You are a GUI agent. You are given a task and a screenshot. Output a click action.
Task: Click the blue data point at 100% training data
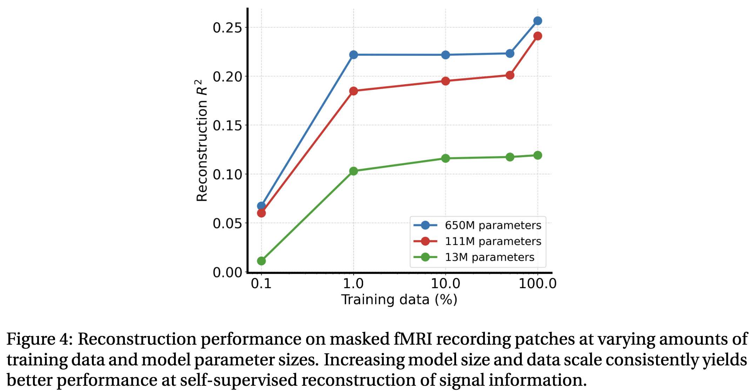pos(537,21)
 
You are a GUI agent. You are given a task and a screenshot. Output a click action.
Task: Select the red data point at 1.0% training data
pos(353,91)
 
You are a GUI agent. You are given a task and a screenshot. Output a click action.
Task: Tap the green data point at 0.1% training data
pos(261,261)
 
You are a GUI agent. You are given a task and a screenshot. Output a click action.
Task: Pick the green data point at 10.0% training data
pos(446,158)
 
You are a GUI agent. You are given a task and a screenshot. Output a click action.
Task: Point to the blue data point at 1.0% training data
pos(353,55)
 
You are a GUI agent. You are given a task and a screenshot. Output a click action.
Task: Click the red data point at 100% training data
pos(537,36)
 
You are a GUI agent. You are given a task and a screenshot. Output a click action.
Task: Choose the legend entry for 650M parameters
pos(493,225)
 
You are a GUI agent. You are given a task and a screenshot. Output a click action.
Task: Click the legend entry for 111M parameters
pos(493,241)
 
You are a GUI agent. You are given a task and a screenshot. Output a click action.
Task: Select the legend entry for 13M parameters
pos(489,257)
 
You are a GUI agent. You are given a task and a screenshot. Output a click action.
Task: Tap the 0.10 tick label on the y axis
pos(228,174)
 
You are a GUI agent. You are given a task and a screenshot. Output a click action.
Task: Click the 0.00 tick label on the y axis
pos(228,272)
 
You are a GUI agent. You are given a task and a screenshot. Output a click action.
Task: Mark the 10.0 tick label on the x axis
pos(446,284)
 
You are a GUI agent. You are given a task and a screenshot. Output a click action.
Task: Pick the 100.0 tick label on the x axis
pos(537,284)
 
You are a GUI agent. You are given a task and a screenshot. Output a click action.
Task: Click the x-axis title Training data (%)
pos(399,300)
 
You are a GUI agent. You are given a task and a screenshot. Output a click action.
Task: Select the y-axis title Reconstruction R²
pos(201,140)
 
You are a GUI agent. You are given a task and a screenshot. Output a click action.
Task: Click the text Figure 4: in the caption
pos(40,339)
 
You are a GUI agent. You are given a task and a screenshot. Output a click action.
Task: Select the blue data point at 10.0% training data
pos(446,55)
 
